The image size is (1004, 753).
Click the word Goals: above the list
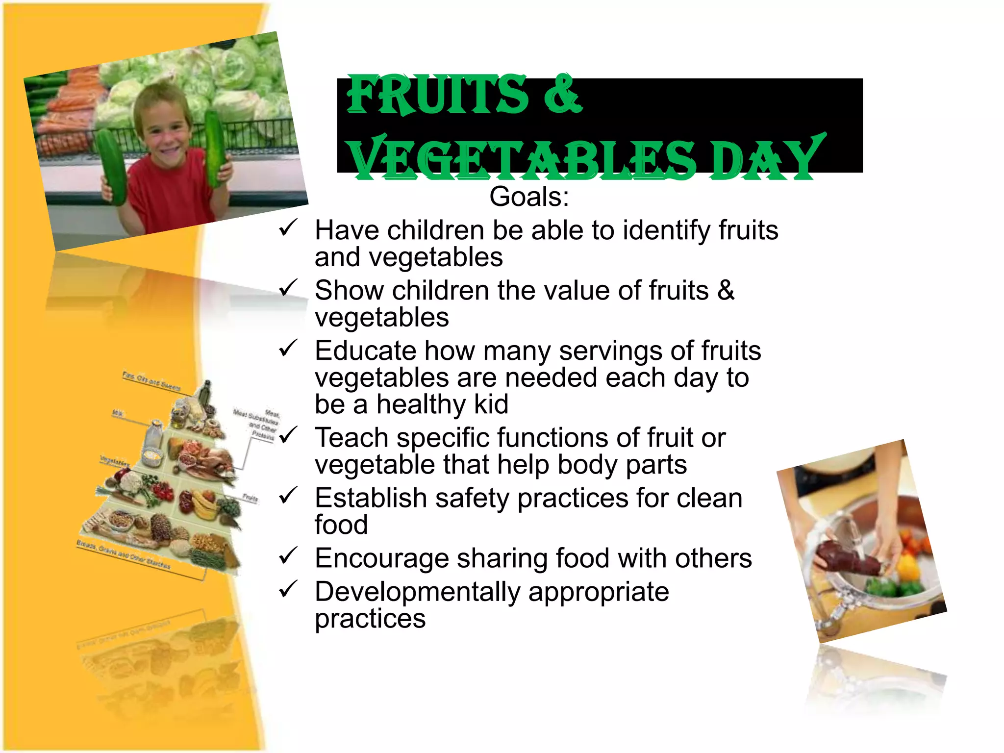pos(529,197)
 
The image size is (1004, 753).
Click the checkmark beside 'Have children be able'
pos(288,228)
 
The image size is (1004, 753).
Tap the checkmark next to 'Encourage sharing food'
pos(288,556)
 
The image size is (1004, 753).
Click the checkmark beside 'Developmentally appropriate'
pos(288,589)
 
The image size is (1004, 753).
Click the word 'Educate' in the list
pos(366,351)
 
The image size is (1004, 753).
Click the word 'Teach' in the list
pos(351,438)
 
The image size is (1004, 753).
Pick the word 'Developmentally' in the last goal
pos(417,592)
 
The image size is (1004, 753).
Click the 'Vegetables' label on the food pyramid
pos(115,461)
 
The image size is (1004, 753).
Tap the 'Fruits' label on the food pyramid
pos(250,498)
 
